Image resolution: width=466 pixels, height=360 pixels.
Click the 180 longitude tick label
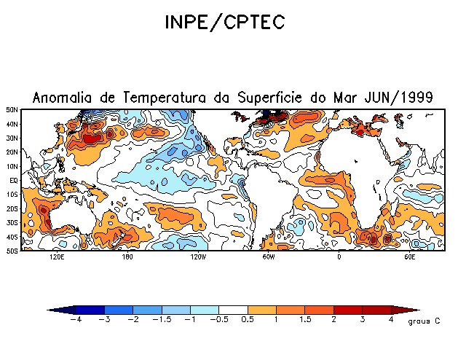[127, 257]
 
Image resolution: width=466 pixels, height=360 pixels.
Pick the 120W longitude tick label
[197, 257]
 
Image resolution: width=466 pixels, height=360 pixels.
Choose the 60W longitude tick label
[268, 257]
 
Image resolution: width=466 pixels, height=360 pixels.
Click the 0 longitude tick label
[339, 257]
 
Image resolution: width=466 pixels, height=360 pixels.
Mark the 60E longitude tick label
[408, 257]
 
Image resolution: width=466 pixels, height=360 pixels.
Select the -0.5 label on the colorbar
[217, 319]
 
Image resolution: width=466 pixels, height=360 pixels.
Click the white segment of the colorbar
[233, 310]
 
